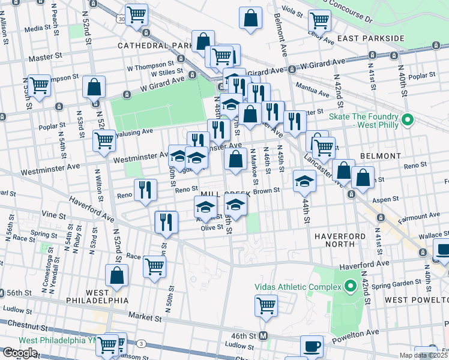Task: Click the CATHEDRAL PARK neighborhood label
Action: click(154, 46)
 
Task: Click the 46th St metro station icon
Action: click(263, 337)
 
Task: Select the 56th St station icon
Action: click(2, 292)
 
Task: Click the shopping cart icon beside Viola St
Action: click(319, 20)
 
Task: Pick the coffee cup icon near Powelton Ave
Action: click(312, 346)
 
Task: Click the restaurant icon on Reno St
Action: click(145, 190)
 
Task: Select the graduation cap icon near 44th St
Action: click(305, 181)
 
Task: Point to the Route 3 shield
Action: click(140, 343)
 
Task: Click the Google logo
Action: click(20, 352)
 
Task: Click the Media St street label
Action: click(37, 28)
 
